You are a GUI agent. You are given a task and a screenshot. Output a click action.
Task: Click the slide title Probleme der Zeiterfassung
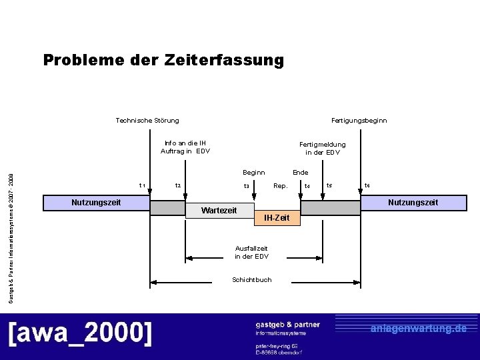click(163, 61)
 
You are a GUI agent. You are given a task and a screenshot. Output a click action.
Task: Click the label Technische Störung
click(147, 121)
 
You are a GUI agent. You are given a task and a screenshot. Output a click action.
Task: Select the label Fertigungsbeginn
click(359, 121)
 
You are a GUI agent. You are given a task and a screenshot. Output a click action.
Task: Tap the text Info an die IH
click(185, 143)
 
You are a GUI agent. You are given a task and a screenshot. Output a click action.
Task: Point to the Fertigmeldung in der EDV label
click(323, 148)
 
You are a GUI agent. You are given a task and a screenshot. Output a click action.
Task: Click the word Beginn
click(253, 173)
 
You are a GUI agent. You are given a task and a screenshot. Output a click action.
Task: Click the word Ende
click(300, 173)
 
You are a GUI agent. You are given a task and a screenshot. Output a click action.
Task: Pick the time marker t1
click(142, 185)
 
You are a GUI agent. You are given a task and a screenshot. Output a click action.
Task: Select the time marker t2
click(177, 186)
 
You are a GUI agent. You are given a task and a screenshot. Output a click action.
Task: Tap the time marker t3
click(246, 187)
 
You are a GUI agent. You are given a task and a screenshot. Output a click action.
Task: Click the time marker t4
click(307, 186)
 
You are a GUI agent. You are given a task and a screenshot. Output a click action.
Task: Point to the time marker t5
click(329, 185)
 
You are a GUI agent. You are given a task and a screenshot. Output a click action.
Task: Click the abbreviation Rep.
click(281, 186)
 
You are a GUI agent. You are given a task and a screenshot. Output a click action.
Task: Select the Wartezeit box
click(219, 211)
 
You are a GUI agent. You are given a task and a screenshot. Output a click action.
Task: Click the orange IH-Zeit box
click(277, 218)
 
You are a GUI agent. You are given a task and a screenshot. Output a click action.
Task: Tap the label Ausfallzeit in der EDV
click(251, 252)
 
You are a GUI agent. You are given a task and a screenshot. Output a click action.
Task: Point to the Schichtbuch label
click(252, 280)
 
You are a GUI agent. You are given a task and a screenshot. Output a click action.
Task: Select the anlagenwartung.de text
click(419, 328)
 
